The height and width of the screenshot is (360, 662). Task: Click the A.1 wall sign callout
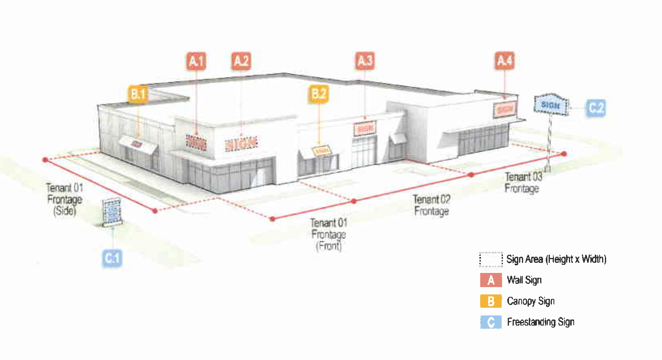pyautogui.click(x=196, y=61)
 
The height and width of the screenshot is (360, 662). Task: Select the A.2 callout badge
pyautogui.click(x=241, y=61)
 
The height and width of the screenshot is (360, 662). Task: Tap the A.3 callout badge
pyautogui.click(x=365, y=61)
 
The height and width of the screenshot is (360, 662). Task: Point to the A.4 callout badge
pyautogui.click(x=504, y=61)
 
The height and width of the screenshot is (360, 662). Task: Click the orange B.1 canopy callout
pyautogui.click(x=138, y=94)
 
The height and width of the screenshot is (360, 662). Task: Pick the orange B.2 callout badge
pyautogui.click(x=319, y=94)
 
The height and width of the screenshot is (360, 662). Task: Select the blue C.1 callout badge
pyautogui.click(x=112, y=258)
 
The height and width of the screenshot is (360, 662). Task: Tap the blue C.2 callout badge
pyautogui.click(x=596, y=108)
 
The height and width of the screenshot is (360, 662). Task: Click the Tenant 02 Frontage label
pyautogui.click(x=432, y=205)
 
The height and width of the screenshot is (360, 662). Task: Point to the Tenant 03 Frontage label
pyautogui.click(x=523, y=183)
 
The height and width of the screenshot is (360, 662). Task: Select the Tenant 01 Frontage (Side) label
pyautogui.click(x=65, y=199)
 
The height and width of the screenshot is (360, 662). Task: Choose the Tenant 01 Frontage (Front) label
pyautogui.click(x=329, y=234)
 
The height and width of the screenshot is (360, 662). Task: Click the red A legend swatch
pyautogui.click(x=491, y=280)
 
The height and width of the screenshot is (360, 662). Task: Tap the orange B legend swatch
pyautogui.click(x=491, y=301)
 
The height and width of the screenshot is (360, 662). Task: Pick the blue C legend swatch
pyautogui.click(x=491, y=322)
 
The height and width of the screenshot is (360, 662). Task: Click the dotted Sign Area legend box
pyautogui.click(x=491, y=259)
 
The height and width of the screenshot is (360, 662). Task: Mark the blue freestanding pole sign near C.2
pyautogui.click(x=551, y=105)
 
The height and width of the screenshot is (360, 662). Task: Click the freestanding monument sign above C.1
pyautogui.click(x=112, y=212)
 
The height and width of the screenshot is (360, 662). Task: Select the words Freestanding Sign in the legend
pyautogui.click(x=541, y=322)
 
